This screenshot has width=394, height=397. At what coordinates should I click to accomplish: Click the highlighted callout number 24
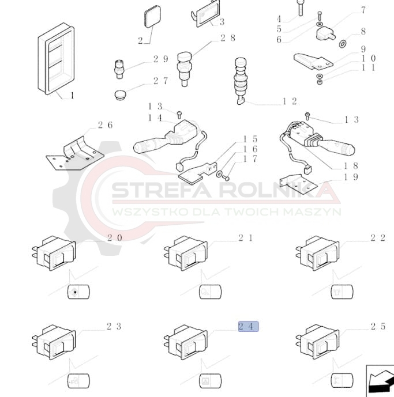249,326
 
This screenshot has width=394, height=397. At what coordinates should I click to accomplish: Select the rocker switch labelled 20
54,253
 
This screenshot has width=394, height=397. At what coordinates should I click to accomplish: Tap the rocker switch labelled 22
317,253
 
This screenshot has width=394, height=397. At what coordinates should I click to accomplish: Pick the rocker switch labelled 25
317,341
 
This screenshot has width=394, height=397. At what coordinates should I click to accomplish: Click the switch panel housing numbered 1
57,59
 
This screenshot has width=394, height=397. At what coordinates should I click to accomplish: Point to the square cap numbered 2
152,16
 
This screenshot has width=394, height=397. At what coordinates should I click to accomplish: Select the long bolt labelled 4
301,7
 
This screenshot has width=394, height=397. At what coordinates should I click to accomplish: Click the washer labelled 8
342,44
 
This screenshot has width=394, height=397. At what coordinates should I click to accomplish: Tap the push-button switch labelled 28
185,69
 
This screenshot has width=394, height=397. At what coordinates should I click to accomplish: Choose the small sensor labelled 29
119,69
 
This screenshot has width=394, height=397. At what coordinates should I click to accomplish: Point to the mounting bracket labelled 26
75,153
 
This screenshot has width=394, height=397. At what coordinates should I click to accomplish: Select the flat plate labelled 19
298,184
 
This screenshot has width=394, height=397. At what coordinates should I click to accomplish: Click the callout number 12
290,101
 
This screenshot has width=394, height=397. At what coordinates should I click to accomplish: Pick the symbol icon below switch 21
210,292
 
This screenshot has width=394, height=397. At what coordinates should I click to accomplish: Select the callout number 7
363,10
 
